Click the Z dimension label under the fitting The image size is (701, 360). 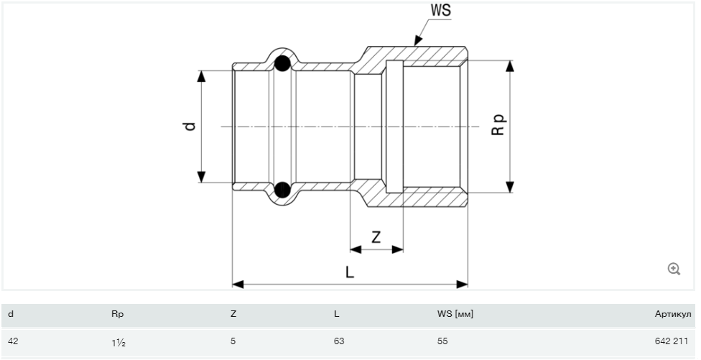(376, 237)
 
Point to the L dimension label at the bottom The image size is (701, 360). (349, 272)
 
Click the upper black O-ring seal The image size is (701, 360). (283, 63)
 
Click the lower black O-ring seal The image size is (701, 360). (283, 190)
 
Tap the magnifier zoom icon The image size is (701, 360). (674, 269)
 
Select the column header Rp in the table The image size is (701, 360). (119, 314)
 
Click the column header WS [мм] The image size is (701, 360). (455, 314)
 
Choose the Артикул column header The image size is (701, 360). (672, 314)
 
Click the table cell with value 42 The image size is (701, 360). (12, 341)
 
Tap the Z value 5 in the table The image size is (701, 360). (233, 341)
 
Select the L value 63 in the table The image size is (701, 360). (339, 341)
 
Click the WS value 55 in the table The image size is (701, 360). (442, 341)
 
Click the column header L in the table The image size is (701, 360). (336, 314)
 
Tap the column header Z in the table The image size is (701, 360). (233, 314)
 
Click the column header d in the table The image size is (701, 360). (11, 314)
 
